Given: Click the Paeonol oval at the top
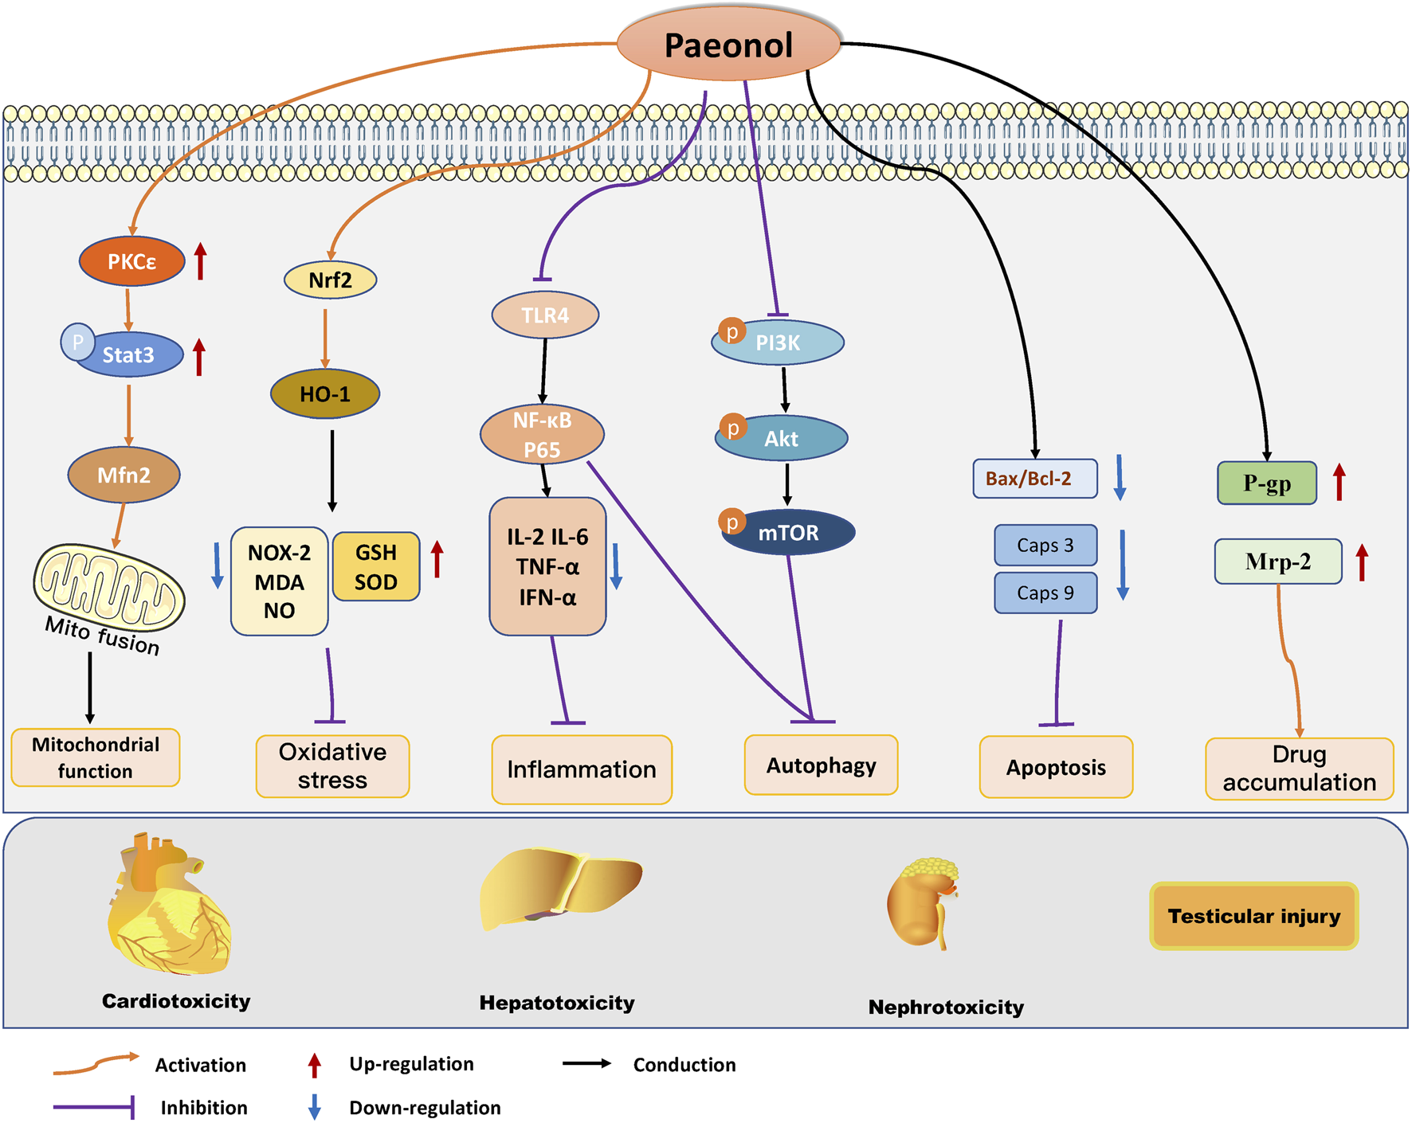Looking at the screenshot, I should (728, 45).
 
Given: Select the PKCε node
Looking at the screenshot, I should (132, 261).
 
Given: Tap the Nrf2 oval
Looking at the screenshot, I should (330, 280).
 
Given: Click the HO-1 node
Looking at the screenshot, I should (325, 393).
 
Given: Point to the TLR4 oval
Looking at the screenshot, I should (545, 315).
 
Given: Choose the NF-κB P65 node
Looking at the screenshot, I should (542, 435).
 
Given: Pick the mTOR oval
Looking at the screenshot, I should (788, 533).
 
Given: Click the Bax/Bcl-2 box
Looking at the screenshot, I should (1034, 479).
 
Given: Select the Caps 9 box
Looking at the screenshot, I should (1045, 593).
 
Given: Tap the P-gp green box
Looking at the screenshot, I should (1266, 483).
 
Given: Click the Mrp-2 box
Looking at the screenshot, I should (1277, 562).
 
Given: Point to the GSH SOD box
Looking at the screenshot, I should (376, 567).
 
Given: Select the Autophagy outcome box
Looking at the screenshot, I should (821, 765).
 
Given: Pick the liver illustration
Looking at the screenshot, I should (560, 889).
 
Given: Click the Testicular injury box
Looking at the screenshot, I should (1253, 916).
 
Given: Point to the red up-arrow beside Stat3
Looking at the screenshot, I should (199, 357).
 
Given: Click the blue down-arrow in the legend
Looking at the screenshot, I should (315, 1106).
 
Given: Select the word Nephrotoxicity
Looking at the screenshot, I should (946, 1008).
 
